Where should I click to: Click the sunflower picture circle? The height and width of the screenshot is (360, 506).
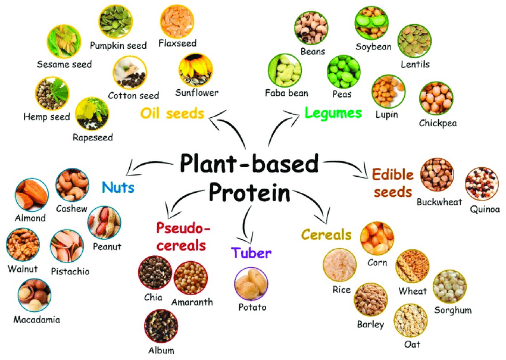(x=195, y=70)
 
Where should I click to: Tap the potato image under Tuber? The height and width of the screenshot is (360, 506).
(x=251, y=284)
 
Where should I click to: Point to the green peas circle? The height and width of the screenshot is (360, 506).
(x=343, y=72)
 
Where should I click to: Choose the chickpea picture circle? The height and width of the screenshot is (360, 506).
(x=436, y=99)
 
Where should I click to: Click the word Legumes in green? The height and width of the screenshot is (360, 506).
(x=333, y=112)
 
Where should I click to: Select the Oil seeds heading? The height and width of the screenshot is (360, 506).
(x=173, y=112)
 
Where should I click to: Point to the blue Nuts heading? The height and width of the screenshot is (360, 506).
(x=118, y=188)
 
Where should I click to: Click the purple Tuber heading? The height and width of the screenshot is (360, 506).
(x=252, y=253)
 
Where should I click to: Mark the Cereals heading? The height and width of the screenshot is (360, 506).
(x=326, y=234)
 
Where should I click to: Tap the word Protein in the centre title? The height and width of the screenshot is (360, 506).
(x=249, y=193)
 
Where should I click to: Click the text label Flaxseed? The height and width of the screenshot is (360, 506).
(x=177, y=43)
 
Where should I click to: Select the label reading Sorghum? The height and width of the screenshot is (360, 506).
(x=452, y=310)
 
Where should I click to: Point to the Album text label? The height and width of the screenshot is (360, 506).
(x=160, y=350)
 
